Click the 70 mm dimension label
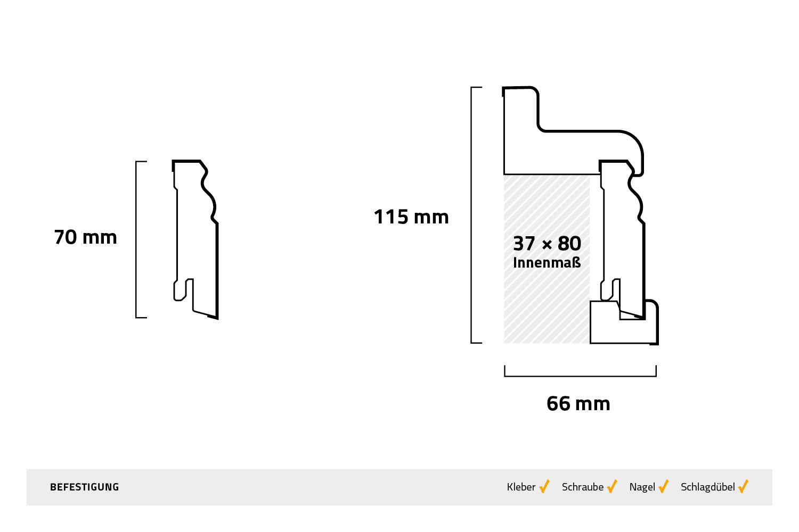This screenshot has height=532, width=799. coord(85,237)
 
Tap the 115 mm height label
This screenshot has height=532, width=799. coord(411,217)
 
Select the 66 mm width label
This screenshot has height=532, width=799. coord(578,404)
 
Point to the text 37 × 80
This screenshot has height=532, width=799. coord(547,244)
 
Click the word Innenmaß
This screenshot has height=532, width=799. coord(547,263)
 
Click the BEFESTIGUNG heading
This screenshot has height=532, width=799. coord(84,487)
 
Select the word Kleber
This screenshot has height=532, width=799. coord(521,487)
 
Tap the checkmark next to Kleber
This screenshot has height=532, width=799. coord(544,486)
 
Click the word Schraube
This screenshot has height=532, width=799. coord(582,487)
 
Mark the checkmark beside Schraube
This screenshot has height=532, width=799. coord(612,486)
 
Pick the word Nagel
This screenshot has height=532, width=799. coord(642,487)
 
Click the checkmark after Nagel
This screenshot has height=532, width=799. coord(664,486)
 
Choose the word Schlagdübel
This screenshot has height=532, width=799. coord(707,487)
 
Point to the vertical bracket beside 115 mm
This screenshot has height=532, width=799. coord(472,215)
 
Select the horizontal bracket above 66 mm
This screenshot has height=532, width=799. coord(580,375)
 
